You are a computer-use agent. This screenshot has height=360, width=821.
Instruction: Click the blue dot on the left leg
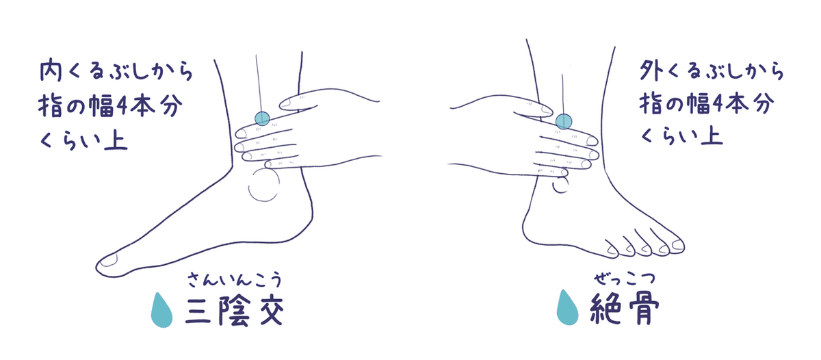click(262, 118)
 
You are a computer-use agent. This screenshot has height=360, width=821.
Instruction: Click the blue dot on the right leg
click(563, 121)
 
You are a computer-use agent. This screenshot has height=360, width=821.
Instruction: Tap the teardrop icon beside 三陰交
click(161, 310)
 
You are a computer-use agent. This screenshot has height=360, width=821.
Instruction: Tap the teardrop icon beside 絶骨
click(567, 307)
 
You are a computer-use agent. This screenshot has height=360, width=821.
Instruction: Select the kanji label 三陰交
click(235, 311)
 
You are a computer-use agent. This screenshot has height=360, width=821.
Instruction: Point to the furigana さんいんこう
click(235, 280)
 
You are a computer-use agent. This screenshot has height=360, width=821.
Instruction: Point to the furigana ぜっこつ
click(624, 279)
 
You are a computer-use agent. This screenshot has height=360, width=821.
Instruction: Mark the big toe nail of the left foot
click(109, 259)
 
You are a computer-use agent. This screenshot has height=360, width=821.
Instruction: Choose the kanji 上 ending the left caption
click(116, 140)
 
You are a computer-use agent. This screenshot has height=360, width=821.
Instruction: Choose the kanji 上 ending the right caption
click(712, 135)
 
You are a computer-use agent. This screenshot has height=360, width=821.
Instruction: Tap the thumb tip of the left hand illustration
click(283, 105)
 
